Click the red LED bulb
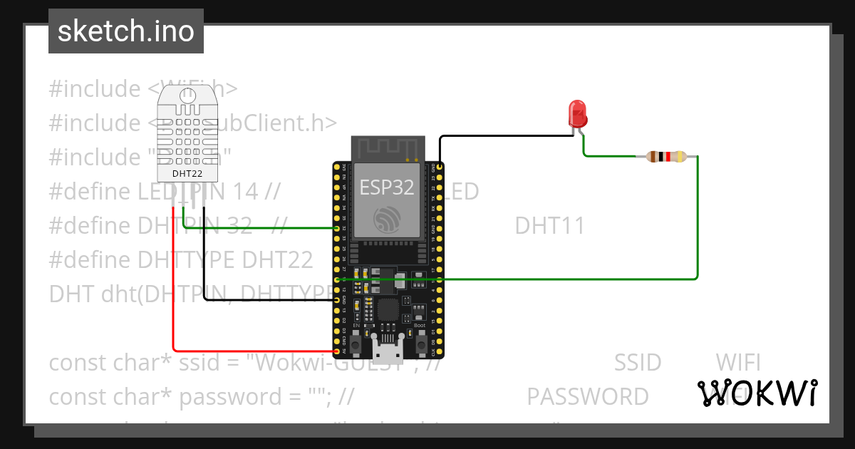(577, 113)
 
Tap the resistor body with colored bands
(665, 157)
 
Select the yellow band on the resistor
(680, 157)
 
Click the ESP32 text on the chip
(386, 187)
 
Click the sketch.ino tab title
(126, 31)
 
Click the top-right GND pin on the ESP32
(440, 167)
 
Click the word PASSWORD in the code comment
(588, 396)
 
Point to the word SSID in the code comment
(638, 363)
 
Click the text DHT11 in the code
(549, 226)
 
